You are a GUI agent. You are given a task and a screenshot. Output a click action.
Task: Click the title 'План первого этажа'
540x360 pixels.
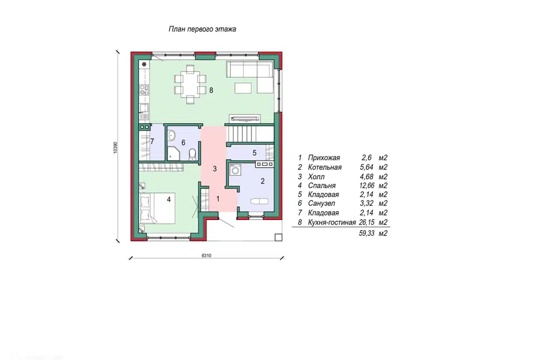pos(202,29)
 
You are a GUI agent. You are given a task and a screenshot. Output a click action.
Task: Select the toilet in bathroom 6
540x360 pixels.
pos(192,154)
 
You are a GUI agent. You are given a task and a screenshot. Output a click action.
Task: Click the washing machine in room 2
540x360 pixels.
pos(236,170)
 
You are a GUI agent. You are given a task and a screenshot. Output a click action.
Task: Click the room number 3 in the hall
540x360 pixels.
pos(214,169)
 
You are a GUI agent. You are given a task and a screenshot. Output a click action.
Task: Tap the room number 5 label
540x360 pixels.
pos(254,152)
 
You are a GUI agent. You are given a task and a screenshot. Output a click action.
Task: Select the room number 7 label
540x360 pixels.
pos(152,141)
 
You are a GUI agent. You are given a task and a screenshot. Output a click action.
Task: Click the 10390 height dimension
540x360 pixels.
pos(115,147)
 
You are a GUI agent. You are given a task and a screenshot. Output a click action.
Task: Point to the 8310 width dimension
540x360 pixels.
pos(206,255)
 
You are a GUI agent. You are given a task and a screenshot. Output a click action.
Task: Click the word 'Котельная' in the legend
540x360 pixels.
pos(325,168)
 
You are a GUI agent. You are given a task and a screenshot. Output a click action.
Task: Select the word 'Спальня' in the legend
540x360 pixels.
pos(322,186)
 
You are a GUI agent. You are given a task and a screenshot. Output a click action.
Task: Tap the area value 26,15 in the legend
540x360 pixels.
pos(366,223)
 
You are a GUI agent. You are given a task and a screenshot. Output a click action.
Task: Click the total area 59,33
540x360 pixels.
pos(366,233)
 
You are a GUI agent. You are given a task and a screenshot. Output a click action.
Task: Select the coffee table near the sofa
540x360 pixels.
pos(244,88)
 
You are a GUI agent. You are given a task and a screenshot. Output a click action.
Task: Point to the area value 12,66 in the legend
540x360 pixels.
pos(366,186)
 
